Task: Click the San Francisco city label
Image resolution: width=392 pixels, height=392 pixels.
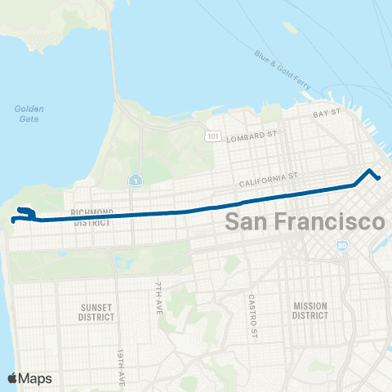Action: (304, 221)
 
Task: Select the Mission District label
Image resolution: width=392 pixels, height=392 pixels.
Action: (310, 310)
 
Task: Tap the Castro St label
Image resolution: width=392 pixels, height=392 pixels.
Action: (253, 316)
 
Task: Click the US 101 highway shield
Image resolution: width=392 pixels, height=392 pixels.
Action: (212, 136)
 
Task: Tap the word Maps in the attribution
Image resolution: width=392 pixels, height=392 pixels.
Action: (37, 378)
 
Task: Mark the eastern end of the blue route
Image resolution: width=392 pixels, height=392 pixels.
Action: (378, 178)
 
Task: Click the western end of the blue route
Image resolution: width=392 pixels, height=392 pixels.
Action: (13, 220)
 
